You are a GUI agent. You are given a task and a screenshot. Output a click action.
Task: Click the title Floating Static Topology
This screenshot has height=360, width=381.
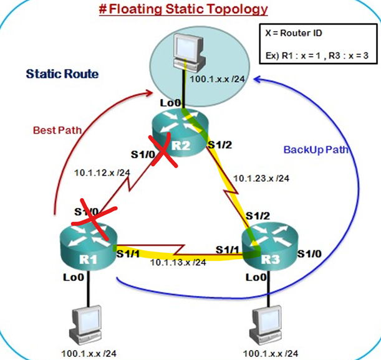[183, 9]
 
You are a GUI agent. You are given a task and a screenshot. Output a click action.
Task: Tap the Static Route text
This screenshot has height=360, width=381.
[61, 74]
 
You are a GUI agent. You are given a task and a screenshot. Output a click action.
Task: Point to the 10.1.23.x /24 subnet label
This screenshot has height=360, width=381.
[261, 178]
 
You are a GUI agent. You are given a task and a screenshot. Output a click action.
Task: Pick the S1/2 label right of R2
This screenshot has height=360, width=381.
[223, 145]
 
